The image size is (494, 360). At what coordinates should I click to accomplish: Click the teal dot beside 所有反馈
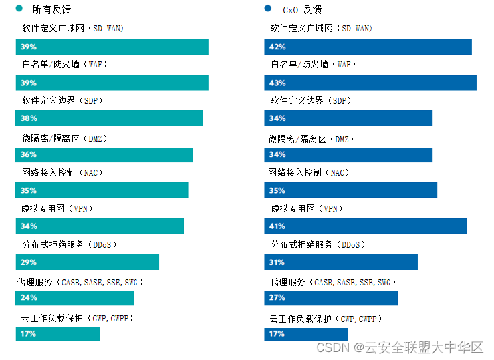click(x=19, y=9)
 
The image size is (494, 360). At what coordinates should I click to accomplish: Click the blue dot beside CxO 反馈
click(x=267, y=9)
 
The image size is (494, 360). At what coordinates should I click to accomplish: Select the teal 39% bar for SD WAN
click(x=112, y=47)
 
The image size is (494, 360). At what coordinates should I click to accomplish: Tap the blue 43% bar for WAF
click(x=370, y=83)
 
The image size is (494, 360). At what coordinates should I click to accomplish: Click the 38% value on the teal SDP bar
click(x=29, y=118)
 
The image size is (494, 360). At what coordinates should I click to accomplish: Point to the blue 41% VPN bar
click(x=366, y=226)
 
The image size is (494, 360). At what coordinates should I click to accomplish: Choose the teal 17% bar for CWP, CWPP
click(x=58, y=333)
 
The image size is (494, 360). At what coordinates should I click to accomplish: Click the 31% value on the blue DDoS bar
click(x=277, y=262)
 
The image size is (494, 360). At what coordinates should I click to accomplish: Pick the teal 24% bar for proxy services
click(x=75, y=297)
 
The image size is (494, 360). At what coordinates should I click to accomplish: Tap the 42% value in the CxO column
click(x=277, y=47)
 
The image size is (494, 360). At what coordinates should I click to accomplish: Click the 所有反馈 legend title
click(x=52, y=9)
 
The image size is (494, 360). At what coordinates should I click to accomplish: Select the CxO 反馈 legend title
click(x=303, y=9)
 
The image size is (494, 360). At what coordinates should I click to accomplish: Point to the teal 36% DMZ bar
click(x=104, y=154)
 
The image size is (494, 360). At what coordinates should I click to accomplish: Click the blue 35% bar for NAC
click(x=351, y=190)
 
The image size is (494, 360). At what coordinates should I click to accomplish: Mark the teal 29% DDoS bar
click(x=87, y=262)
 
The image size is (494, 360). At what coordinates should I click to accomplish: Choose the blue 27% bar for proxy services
click(x=331, y=298)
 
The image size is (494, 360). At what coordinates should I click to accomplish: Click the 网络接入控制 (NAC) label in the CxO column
click(x=308, y=172)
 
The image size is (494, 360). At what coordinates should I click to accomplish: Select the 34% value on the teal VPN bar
click(x=29, y=226)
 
